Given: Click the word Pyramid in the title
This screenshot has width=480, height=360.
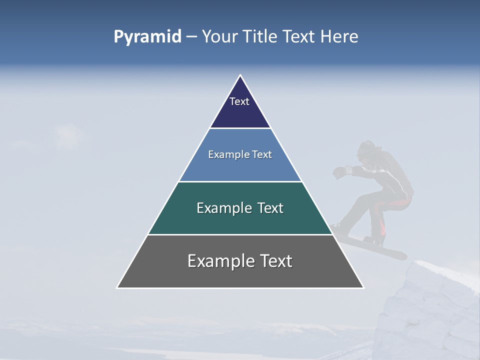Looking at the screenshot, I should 147,37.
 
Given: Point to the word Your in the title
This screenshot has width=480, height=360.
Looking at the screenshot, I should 220,37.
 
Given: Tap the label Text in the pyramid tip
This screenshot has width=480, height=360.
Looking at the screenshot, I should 239,101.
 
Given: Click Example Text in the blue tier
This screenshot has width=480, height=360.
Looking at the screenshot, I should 240,154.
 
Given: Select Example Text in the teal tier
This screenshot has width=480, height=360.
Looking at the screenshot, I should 240,208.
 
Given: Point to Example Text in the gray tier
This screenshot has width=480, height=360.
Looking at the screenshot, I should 240,261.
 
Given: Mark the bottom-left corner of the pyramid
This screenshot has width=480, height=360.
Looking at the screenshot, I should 117,287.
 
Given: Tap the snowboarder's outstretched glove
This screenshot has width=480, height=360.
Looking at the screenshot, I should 340,172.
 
